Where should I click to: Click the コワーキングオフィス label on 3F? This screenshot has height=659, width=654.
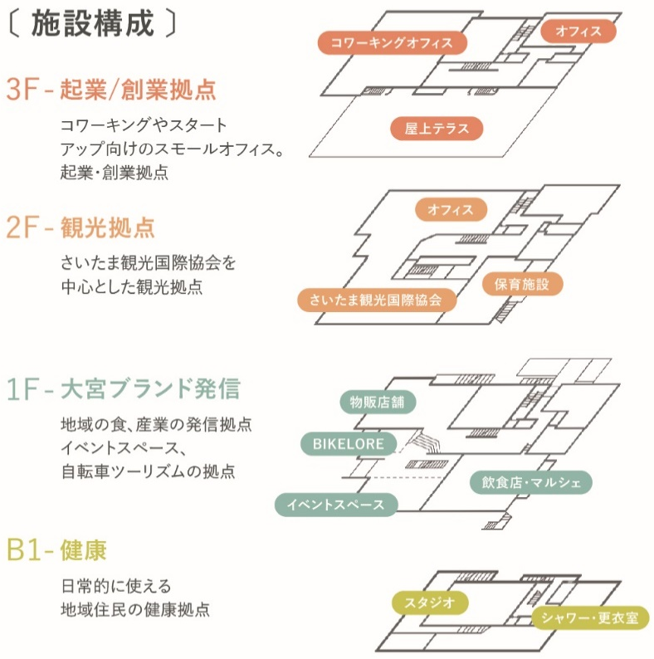coord(392,42)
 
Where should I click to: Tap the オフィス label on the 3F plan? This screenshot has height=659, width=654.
coord(578,31)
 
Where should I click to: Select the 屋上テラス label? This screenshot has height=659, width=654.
coord(437,128)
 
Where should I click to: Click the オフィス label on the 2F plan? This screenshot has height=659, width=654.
coord(451,209)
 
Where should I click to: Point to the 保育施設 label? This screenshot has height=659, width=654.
coord(522,284)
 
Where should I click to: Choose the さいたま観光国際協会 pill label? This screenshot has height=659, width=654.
coord(377,300)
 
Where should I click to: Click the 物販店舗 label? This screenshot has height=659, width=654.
coord(378,403)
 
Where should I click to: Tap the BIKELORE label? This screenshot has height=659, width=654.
coord(349,444)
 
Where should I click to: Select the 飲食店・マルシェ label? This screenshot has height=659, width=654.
coord(531,482)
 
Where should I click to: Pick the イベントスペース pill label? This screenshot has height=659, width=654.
coord(336,505)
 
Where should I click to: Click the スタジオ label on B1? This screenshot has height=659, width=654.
coord(430,603)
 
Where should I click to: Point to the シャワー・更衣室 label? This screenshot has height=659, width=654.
coord(590,618)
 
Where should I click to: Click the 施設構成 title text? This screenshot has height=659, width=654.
coord(92,23)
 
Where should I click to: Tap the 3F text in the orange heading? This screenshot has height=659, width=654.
coord(22,89)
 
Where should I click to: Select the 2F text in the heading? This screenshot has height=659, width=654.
coord(22,227)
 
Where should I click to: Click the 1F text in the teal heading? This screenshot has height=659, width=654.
coord(22,388)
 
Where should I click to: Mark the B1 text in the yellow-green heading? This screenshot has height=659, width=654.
coord(24,549)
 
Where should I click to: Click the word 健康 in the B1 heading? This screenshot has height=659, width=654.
coord(83,549)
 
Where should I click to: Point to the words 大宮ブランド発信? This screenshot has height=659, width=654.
coord(150,388)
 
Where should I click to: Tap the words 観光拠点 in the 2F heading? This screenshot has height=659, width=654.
coord(108,227)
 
